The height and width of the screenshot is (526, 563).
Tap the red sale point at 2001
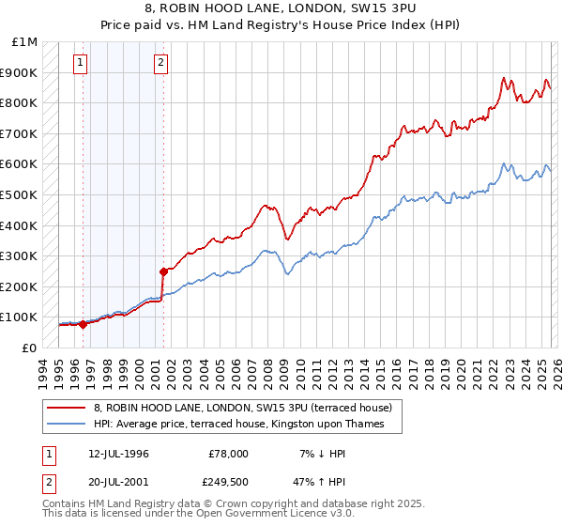tap(163, 271)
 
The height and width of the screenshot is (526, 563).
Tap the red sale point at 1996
tap(84, 324)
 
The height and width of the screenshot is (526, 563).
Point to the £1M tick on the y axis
tap(25, 42)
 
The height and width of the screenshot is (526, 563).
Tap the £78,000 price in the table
tap(228, 454)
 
